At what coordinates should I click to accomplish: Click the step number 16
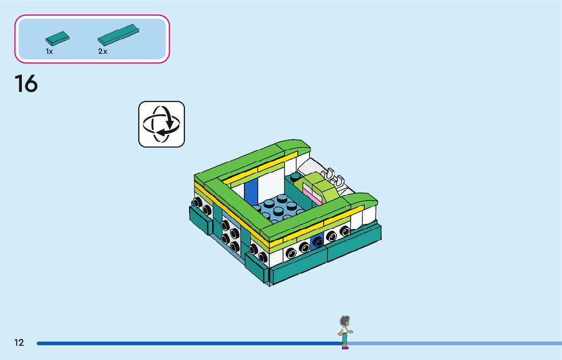[26, 84]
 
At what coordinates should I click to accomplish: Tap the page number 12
[19, 343]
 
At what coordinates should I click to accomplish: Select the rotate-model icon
[162, 124]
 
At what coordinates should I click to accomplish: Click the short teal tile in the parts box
[57, 38]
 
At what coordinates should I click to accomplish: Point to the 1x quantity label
[49, 52]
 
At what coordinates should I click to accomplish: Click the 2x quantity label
[103, 52]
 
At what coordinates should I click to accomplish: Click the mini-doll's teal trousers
[345, 337]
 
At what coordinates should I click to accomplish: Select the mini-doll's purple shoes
[345, 347]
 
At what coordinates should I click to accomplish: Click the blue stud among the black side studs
[318, 242]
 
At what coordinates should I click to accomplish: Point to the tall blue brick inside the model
[251, 190]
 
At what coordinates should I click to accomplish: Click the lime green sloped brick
[320, 185]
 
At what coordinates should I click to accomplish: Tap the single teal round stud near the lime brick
[295, 177]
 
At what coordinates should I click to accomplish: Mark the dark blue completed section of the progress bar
[188, 343]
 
